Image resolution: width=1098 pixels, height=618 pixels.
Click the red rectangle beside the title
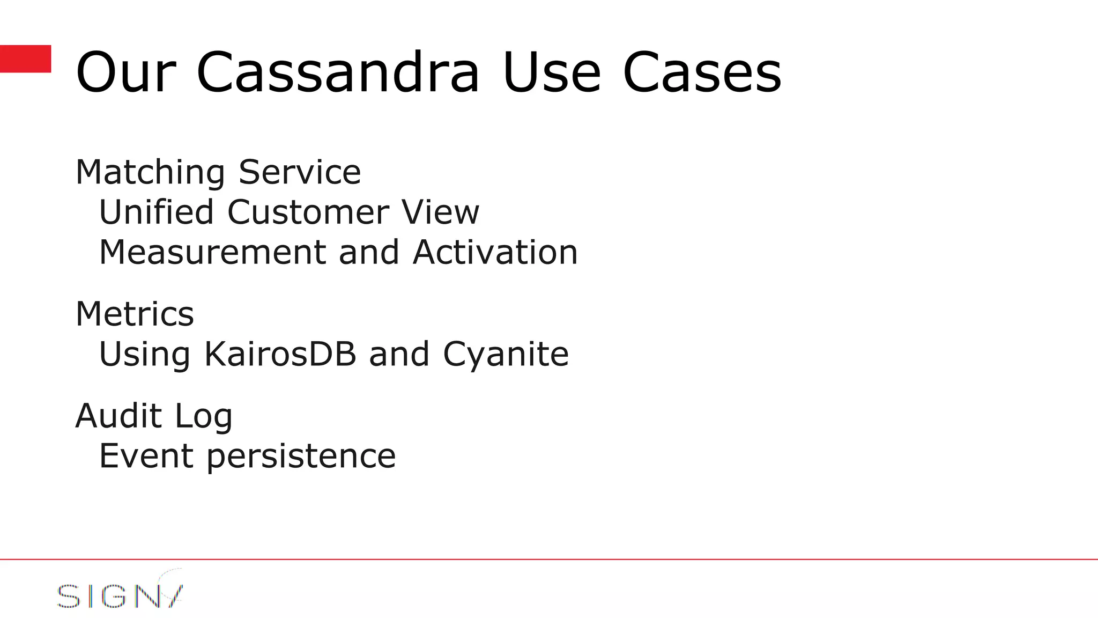(25, 58)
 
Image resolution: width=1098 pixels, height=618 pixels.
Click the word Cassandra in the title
(338, 72)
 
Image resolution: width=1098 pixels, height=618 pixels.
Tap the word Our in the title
(126, 72)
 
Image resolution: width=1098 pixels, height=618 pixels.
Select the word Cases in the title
(702, 72)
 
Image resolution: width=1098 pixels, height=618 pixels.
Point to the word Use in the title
(552, 72)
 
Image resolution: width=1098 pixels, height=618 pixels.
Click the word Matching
(150, 173)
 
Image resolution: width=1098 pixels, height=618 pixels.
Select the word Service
(300, 173)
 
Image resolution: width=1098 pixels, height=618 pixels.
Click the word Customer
(308, 212)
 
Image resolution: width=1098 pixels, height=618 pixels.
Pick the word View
(441, 212)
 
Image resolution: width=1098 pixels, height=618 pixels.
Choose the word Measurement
(212, 252)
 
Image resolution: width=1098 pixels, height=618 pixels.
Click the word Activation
(495, 252)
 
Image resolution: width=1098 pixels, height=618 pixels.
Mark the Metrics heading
(135, 314)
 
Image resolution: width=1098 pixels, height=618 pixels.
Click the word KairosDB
(280, 354)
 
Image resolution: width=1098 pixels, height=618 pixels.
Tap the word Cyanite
(506, 354)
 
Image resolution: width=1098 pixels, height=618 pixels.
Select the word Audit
(118, 416)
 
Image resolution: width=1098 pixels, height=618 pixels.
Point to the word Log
(204, 417)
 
